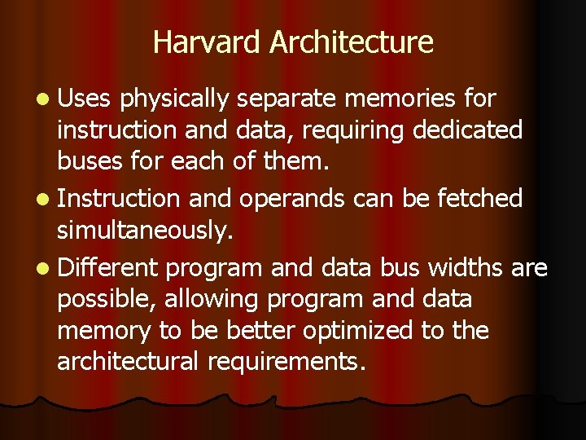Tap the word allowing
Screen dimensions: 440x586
click(216, 300)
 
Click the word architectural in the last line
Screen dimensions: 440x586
click(128, 362)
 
